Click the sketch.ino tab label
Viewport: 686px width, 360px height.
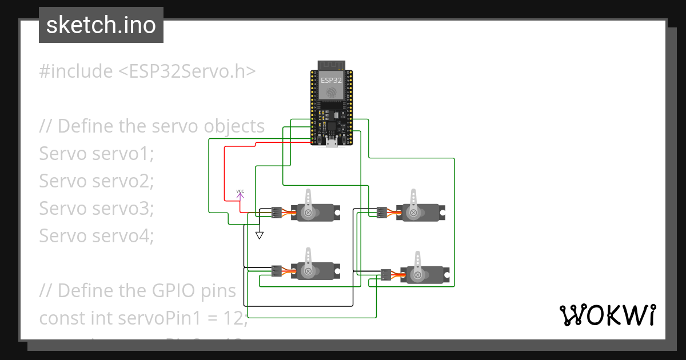101,25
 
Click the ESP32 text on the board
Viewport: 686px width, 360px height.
331,81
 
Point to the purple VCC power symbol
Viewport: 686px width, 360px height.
240,194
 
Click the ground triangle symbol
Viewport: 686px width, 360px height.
260,235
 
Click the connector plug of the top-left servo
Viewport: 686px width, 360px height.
277,213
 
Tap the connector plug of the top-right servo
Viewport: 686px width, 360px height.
382,213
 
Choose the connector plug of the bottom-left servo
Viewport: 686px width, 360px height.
277,270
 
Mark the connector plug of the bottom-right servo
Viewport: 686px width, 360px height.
386,275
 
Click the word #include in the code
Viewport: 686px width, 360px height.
76,71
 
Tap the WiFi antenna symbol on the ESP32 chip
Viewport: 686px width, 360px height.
331,91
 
